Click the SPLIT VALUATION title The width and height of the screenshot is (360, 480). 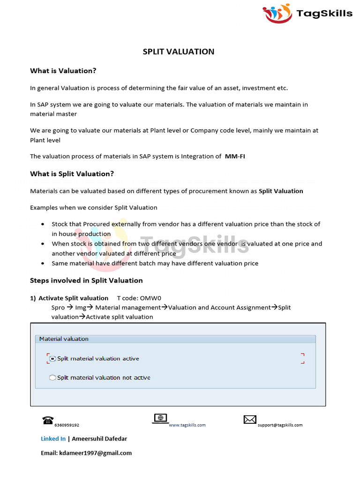click(178, 52)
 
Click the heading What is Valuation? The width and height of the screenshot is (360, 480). click(63, 71)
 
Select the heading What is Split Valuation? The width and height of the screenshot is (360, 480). click(72, 174)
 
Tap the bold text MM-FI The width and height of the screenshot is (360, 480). click(235, 157)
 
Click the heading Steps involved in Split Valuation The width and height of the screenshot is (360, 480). click(86, 280)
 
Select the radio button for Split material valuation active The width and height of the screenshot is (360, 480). click(52, 359)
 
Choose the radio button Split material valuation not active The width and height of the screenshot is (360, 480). click(52, 377)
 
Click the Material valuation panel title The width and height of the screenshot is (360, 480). click(64, 338)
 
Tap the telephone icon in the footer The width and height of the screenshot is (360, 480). click(48, 420)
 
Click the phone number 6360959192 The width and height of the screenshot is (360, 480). click(67, 425)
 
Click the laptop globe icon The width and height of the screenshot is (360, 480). click(160, 418)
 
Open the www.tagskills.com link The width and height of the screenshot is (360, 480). click(187, 425)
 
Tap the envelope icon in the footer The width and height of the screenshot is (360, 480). click(250, 420)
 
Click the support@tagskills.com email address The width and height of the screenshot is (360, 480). click(280, 425)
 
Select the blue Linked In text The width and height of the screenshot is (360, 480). click(53, 439)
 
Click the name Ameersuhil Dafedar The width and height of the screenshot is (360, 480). click(99, 439)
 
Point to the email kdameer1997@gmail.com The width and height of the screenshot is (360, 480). click(95, 453)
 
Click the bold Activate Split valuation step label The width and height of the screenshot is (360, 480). click(73, 298)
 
